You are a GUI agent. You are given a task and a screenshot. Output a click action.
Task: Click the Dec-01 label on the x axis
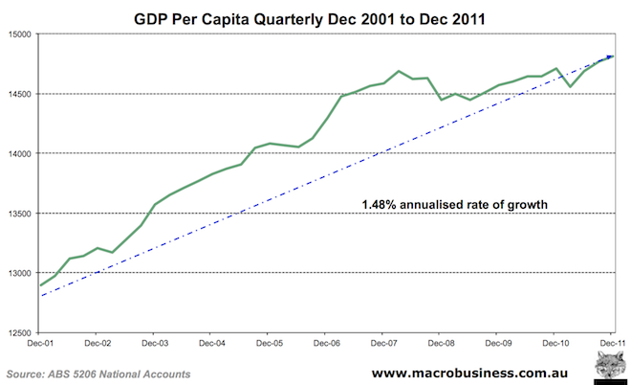pos(39,343)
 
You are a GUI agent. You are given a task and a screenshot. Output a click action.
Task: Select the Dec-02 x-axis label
pos(98,343)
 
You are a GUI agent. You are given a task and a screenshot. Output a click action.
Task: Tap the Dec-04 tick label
pos(211,343)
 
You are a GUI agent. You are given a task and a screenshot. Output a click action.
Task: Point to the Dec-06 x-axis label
pos(326,343)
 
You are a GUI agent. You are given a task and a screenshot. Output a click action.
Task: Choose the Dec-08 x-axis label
pos(440,343)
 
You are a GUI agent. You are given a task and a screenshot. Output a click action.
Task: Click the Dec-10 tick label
pos(555,343)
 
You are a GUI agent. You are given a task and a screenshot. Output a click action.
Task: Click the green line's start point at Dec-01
pos(39,285)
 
